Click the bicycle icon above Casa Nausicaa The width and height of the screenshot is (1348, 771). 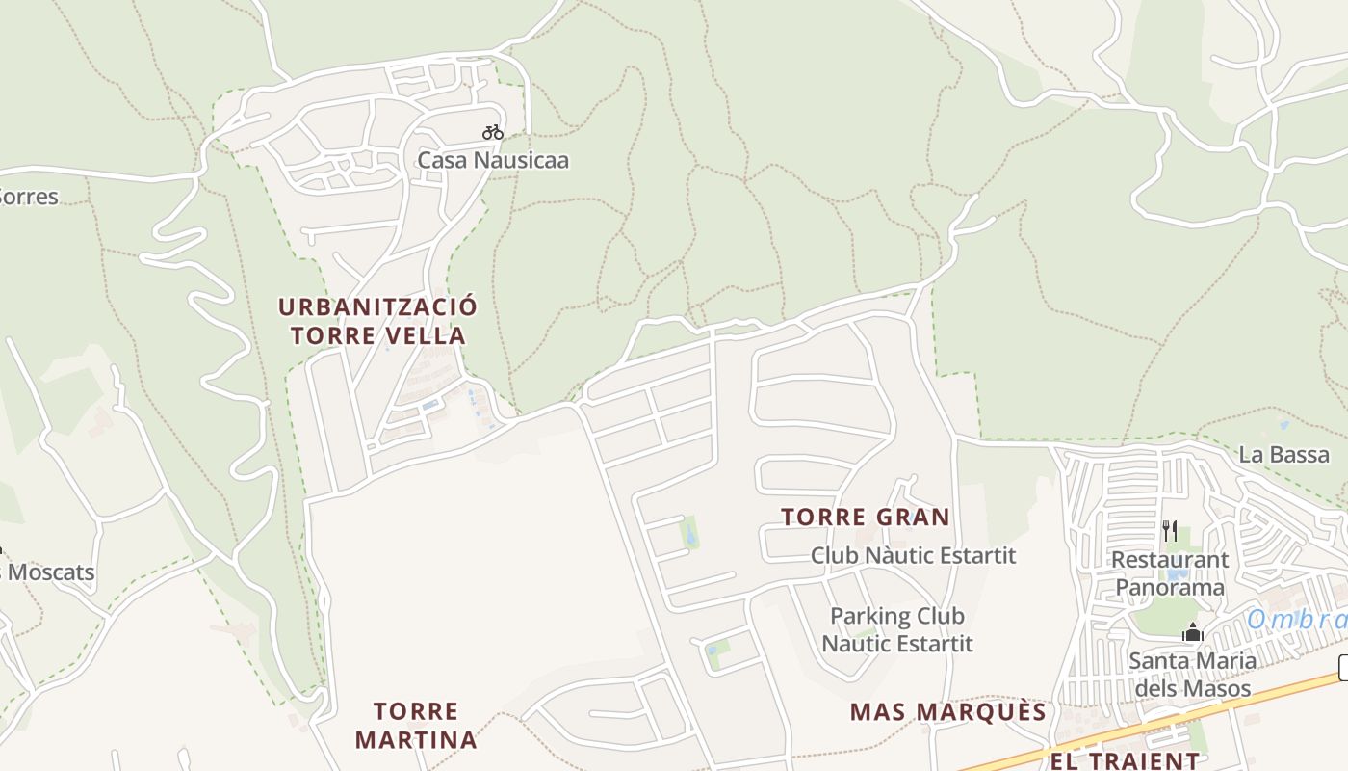(x=493, y=132)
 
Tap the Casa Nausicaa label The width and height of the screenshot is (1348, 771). (x=493, y=160)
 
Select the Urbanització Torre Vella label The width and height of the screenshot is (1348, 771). (x=377, y=321)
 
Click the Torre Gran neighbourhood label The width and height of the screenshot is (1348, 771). (x=866, y=518)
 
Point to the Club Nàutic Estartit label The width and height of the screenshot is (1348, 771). (x=913, y=555)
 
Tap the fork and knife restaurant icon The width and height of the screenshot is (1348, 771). (x=1170, y=530)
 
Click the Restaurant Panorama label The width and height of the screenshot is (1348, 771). (x=1170, y=573)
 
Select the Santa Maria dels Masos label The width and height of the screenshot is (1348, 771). (x=1192, y=675)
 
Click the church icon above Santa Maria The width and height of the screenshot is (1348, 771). (x=1193, y=633)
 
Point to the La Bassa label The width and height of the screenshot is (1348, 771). (x=1283, y=455)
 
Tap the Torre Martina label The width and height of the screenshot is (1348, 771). (x=416, y=726)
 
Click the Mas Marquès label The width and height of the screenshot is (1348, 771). (x=947, y=712)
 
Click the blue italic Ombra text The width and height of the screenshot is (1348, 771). (x=1296, y=620)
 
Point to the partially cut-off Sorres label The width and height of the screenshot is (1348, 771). (x=29, y=197)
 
